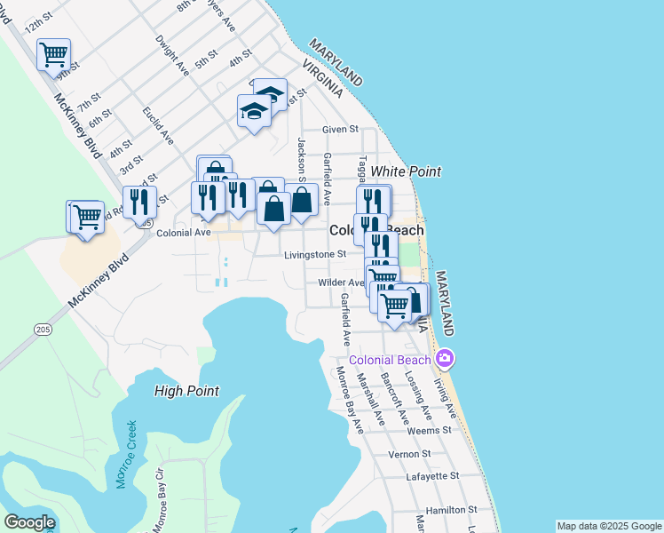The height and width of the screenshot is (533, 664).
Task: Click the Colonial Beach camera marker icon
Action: pos(445,359)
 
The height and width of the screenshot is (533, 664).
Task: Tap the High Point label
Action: pos(186,390)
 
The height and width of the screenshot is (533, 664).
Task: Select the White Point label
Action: pos(406,171)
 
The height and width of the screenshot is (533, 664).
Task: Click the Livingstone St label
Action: pos(314,255)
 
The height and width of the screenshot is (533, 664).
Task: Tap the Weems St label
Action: pos(429,430)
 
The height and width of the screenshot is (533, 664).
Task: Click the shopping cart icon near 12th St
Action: pos(53,54)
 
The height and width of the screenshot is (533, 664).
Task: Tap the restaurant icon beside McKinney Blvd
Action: pos(138,202)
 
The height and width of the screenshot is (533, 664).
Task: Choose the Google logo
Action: pos(29,522)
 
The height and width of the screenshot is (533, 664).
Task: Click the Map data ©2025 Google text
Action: pos(609,526)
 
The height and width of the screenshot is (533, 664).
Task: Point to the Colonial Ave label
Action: pos(183,233)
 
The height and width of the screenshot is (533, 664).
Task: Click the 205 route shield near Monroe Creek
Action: pos(43,330)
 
